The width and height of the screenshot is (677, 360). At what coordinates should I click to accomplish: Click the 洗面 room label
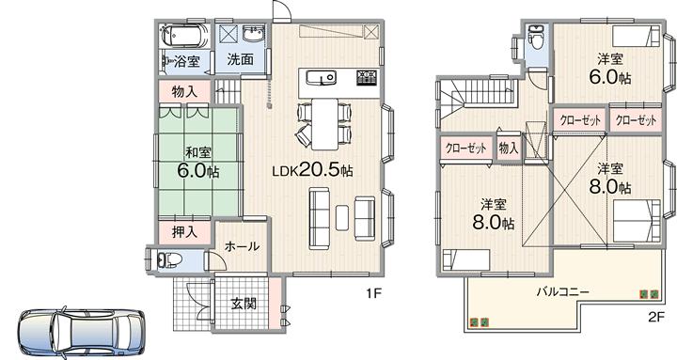click(x=240, y=60)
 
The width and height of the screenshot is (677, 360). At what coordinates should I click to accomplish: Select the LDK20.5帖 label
click(x=312, y=171)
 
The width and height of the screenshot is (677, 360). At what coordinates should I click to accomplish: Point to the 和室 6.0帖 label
click(x=197, y=162)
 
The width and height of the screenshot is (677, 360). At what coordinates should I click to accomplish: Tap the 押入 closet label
click(x=184, y=231)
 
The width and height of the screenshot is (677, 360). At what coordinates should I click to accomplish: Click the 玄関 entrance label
click(x=244, y=305)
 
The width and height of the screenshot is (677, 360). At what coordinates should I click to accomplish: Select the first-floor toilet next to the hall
click(x=166, y=259)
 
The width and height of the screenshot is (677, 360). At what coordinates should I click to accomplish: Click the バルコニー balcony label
click(x=563, y=291)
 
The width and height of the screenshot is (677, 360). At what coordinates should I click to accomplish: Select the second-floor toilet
click(x=535, y=40)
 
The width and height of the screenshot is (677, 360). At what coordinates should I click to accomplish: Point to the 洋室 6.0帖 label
click(x=608, y=69)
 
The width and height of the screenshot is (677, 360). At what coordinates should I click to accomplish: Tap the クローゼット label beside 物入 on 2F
click(x=464, y=148)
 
